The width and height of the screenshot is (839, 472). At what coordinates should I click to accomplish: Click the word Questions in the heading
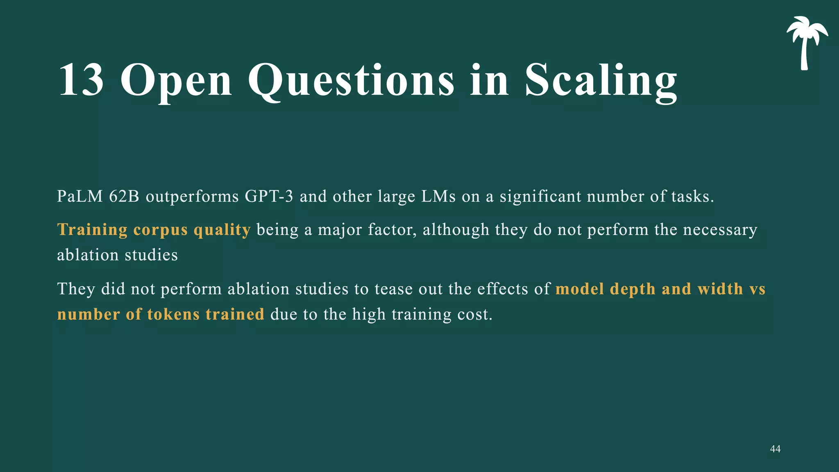(351, 81)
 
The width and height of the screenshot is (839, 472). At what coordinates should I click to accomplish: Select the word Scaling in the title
(601, 81)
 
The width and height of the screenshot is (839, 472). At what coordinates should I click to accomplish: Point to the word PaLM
(80, 197)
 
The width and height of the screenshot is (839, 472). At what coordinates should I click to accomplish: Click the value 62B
(124, 197)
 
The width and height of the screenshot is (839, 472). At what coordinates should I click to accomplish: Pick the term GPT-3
(269, 197)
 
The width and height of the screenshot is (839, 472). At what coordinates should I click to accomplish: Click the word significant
(540, 197)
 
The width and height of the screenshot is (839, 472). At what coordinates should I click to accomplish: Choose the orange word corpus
(161, 230)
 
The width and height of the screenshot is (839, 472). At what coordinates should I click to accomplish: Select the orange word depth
(633, 289)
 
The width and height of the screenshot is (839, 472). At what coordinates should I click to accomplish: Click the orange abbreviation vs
(757, 289)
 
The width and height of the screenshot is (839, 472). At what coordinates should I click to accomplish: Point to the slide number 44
(775, 449)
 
